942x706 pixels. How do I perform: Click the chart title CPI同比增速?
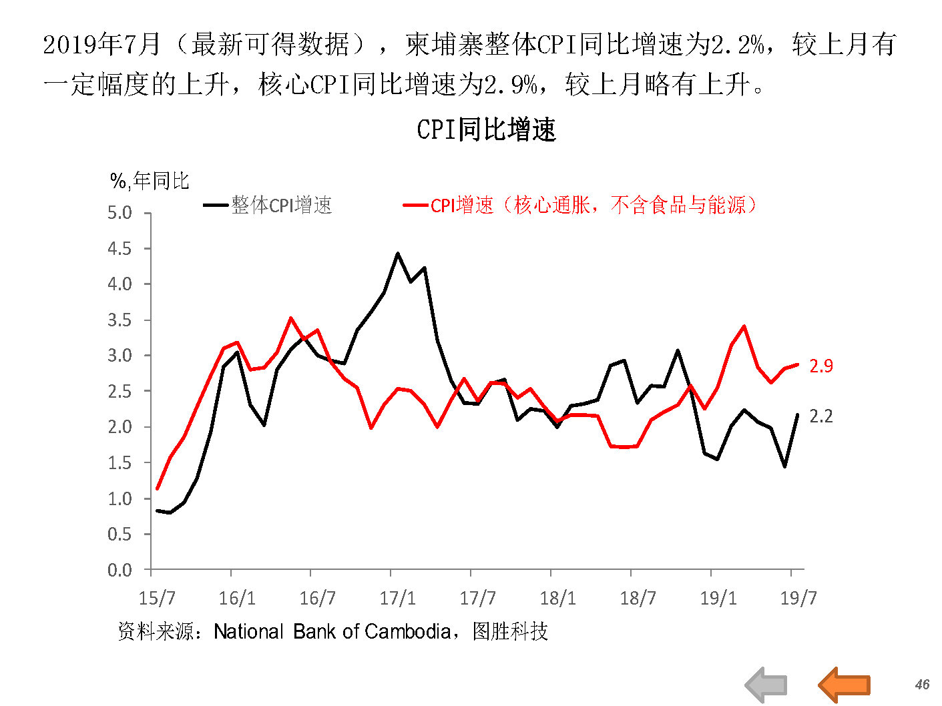point(486,129)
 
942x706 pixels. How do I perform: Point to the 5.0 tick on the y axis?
point(120,213)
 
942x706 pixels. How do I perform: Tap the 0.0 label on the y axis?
point(120,570)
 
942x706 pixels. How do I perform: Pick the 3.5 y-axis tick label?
point(120,320)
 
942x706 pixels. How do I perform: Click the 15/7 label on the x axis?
point(157,597)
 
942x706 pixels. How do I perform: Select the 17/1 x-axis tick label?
point(397,597)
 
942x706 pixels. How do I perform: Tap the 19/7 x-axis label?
point(798,597)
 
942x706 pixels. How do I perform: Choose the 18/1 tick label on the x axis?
point(557,597)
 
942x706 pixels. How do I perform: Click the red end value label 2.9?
point(821,366)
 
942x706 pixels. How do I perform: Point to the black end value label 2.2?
point(821,416)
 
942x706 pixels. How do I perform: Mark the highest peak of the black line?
point(397,254)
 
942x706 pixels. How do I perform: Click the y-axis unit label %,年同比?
point(150,181)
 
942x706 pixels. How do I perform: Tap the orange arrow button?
point(845,685)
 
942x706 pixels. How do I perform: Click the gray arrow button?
point(766,685)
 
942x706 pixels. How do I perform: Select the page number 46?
point(922,685)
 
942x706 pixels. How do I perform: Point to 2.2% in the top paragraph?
point(738,45)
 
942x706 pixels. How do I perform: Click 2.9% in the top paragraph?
point(511,85)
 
